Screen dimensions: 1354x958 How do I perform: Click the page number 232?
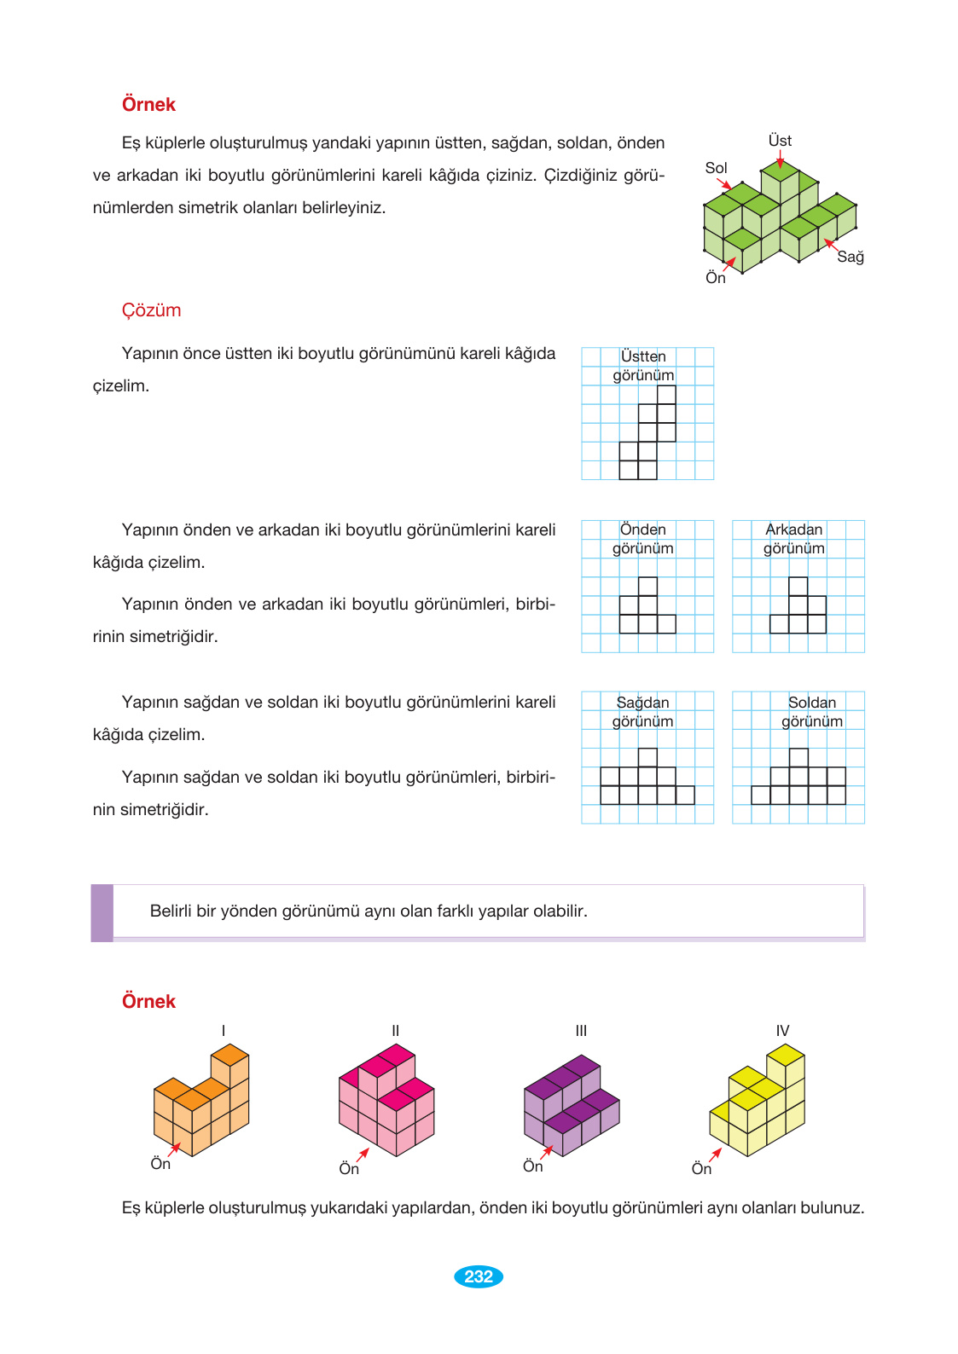tap(479, 1276)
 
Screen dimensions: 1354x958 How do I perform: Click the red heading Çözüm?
tap(151, 310)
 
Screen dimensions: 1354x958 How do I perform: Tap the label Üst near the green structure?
tap(780, 141)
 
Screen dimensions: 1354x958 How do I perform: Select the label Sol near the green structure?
tap(716, 168)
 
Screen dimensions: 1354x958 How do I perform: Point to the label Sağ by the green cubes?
tap(851, 257)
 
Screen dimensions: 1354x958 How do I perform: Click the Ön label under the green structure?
tap(716, 278)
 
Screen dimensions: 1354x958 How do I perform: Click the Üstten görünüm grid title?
tap(643, 366)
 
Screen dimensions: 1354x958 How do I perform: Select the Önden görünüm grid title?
tap(643, 539)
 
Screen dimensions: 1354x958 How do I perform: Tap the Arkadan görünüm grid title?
tap(794, 539)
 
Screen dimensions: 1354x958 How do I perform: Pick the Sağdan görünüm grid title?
tap(643, 712)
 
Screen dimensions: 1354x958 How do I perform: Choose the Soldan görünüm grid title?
tap(812, 712)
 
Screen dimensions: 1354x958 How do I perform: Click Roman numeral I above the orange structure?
tap(224, 1031)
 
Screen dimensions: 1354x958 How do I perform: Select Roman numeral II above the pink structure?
tap(395, 1031)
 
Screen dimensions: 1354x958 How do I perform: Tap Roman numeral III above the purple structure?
tap(581, 1031)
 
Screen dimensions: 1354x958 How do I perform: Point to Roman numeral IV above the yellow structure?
tap(782, 1031)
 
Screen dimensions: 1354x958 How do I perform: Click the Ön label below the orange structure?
tap(160, 1164)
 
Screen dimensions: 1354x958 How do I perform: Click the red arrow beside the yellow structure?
tap(715, 1154)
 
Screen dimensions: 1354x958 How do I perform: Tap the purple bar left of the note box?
tap(102, 912)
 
